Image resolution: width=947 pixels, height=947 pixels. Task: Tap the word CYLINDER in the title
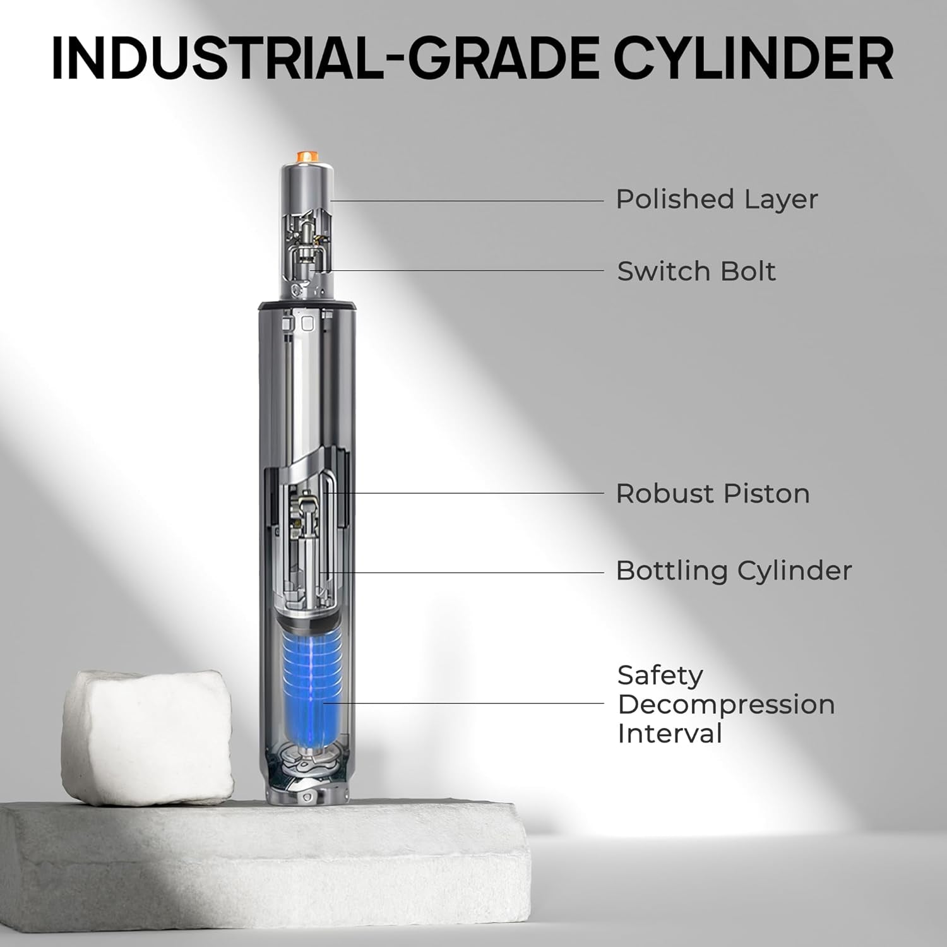tap(753, 58)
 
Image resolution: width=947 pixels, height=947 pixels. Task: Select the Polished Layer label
tap(717, 200)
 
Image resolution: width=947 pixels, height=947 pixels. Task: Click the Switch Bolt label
tap(696, 271)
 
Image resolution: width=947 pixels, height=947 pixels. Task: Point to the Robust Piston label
tap(713, 494)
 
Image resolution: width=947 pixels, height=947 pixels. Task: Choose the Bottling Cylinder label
tap(734, 571)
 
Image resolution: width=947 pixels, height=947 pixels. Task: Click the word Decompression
tap(726, 705)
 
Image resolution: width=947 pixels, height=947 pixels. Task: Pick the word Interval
tap(669, 734)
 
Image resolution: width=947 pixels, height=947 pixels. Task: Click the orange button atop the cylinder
tap(306, 155)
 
